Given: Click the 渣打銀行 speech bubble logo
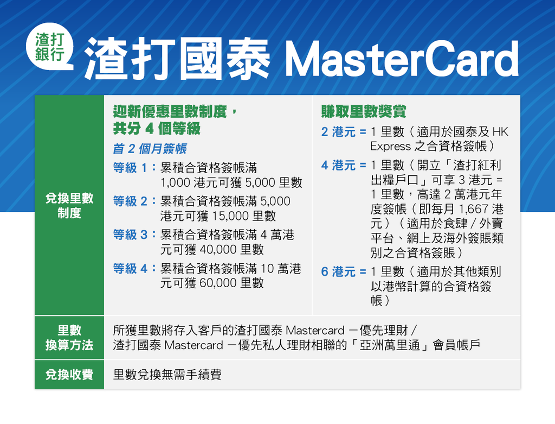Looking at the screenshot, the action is [49, 49].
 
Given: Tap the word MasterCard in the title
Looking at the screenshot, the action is [402, 59].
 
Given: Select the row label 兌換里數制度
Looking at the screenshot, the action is [69, 206].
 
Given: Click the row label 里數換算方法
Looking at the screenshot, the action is [69, 338].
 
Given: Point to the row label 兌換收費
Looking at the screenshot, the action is [69, 375].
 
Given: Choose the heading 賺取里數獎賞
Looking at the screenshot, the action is [364, 112].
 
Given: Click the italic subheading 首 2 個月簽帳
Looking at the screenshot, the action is [150, 149].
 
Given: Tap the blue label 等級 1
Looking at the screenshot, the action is [130, 168].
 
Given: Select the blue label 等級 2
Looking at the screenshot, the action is [130, 201].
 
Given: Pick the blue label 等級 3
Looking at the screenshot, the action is [130, 235].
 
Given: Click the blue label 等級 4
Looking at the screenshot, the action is [130, 268].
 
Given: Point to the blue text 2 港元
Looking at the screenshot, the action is [338, 132].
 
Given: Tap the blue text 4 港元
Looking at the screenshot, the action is [338, 165].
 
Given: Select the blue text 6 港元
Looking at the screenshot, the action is [338, 271].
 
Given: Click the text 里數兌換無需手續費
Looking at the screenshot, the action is [167, 375].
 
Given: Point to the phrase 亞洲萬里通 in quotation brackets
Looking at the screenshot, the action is [390, 345].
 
